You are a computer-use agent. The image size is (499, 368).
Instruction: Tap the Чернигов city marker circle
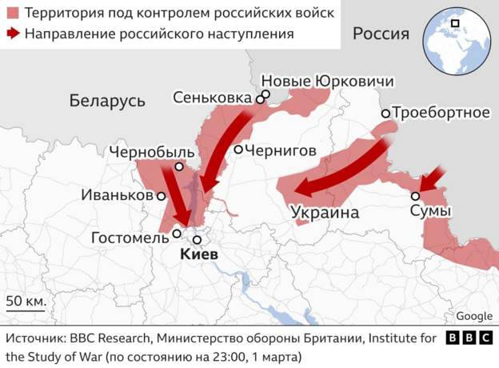238,150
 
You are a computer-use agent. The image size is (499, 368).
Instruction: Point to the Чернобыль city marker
179,167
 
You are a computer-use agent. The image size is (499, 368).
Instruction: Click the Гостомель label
130,238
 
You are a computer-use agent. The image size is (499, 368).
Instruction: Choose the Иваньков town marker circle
161,195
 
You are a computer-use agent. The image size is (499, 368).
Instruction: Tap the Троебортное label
441,113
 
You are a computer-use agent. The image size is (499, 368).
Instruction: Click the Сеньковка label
213,98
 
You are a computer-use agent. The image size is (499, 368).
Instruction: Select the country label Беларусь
107,101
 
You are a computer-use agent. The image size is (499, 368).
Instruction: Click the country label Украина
325,214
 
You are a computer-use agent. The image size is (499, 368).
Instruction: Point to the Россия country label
381,34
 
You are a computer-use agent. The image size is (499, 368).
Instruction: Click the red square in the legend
14,14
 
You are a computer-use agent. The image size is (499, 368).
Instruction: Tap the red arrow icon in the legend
14,34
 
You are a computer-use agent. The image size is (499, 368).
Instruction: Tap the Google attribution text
474,317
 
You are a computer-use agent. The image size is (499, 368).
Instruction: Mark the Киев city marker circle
197,239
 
